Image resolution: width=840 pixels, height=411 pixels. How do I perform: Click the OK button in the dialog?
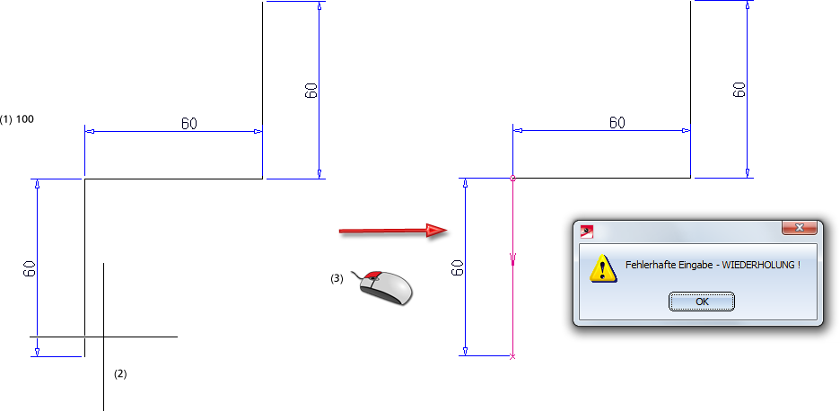coord(702,302)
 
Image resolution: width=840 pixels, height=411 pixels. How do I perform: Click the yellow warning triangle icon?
coord(602,267)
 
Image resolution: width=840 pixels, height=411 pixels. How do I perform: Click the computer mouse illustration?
coord(386,287)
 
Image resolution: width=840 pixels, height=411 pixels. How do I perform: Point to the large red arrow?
coord(393,231)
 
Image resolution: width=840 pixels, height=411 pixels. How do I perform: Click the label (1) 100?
coord(18,118)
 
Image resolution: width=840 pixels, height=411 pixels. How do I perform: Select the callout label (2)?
coord(120,373)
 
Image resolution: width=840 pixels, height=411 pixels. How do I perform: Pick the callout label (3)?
coord(337,278)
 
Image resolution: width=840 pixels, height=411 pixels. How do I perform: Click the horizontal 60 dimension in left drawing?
coord(189,123)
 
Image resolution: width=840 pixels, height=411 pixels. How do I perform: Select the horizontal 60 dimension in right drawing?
coord(617,123)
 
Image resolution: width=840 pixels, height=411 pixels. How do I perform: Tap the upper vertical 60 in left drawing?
coord(311,90)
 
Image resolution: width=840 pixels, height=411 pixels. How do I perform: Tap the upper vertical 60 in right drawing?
coord(739,89)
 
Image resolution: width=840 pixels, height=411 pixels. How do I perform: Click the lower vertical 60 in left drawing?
coord(30,267)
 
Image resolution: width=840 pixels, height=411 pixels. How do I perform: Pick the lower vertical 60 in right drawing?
coord(458,267)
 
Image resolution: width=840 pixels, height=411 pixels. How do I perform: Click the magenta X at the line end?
coord(512,357)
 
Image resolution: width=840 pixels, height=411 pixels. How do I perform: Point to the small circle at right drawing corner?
coord(512,178)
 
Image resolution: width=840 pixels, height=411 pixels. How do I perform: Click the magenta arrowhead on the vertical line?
coord(512,260)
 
